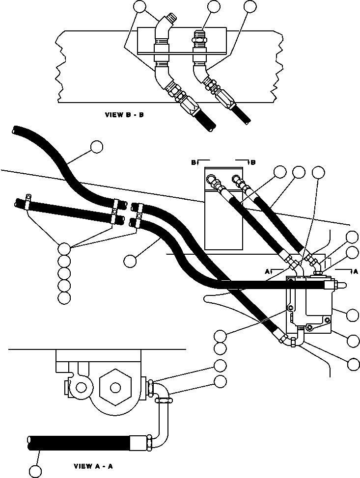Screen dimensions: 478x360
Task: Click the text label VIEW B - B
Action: tap(124, 115)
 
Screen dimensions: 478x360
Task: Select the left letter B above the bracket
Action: tap(194, 162)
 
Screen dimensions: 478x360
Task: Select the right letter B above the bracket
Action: tap(252, 162)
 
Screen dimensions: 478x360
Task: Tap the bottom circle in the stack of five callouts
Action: tap(64, 298)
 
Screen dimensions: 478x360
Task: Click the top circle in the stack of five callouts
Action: tap(64, 248)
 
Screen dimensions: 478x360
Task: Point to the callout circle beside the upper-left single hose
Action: tap(97, 146)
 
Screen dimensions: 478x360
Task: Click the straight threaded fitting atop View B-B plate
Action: tap(199, 37)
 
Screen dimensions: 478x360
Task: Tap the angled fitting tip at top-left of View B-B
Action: tap(170, 19)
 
